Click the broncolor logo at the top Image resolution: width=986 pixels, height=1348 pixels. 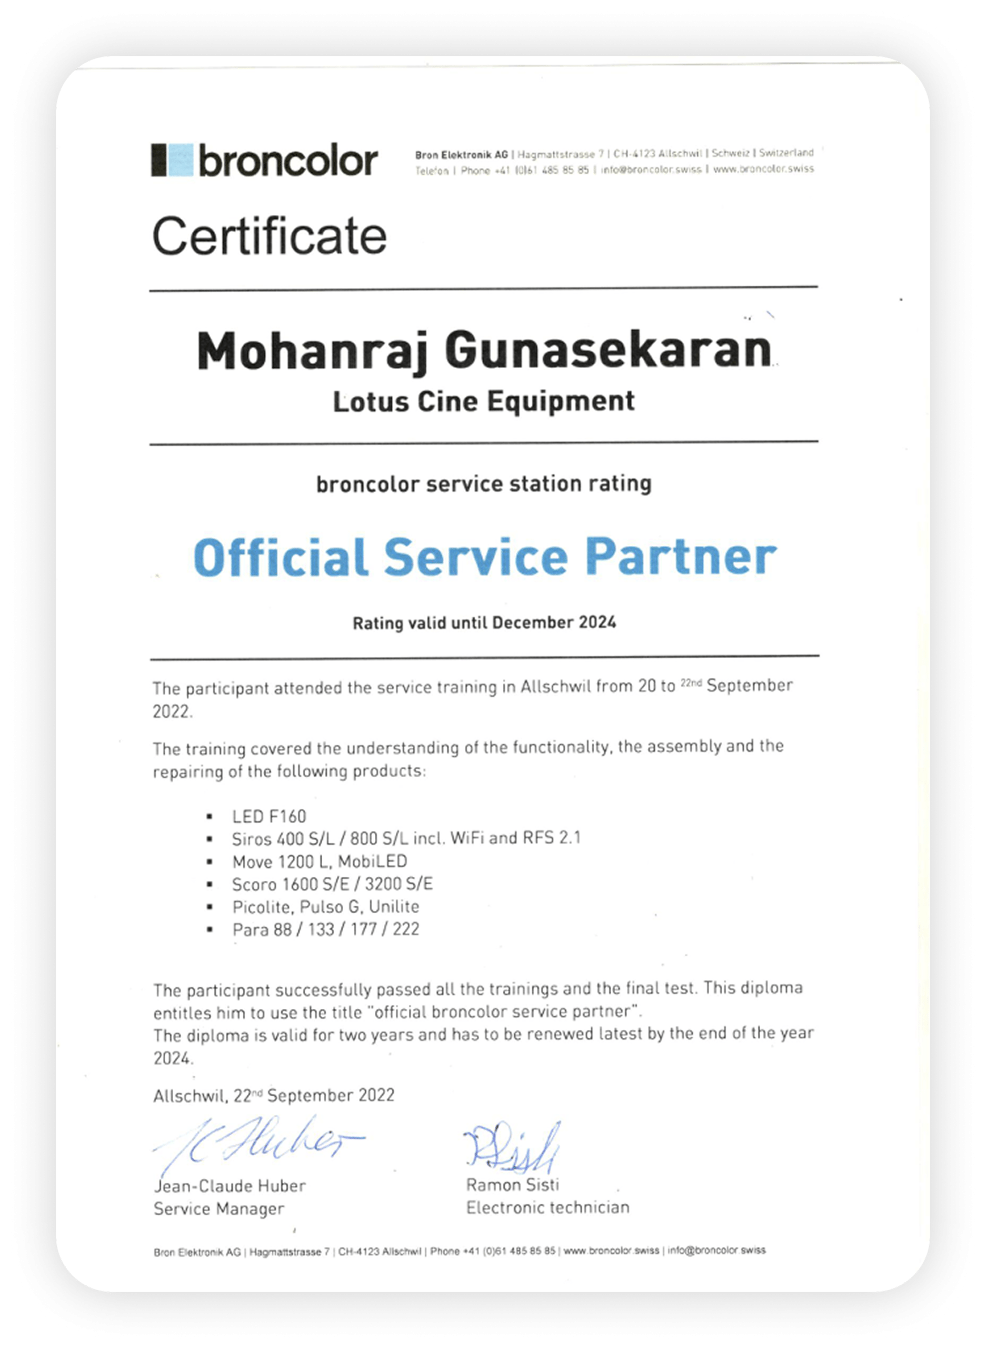[x=264, y=160]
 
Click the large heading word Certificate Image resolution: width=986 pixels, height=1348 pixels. [x=269, y=236]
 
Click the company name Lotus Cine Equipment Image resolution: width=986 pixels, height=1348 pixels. [x=483, y=401]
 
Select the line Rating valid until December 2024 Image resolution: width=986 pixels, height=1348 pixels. [x=484, y=622]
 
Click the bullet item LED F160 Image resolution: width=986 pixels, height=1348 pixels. [x=269, y=816]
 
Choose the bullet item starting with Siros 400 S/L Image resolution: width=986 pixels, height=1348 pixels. [x=406, y=838]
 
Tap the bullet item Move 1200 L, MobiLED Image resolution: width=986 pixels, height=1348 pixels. [x=320, y=861]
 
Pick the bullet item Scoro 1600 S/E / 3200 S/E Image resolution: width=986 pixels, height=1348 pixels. [x=333, y=884]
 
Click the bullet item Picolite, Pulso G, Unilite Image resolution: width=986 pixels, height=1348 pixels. [x=326, y=906]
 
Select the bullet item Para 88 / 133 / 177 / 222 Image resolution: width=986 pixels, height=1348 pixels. [x=326, y=929]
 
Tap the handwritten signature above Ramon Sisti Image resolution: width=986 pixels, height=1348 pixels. [x=512, y=1148]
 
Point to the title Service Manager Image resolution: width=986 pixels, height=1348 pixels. [x=218, y=1209]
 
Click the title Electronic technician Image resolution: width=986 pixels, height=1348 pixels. [x=547, y=1208]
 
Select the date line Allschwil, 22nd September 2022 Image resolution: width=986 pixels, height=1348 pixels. [x=274, y=1095]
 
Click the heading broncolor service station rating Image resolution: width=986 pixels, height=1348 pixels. [x=483, y=483]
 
